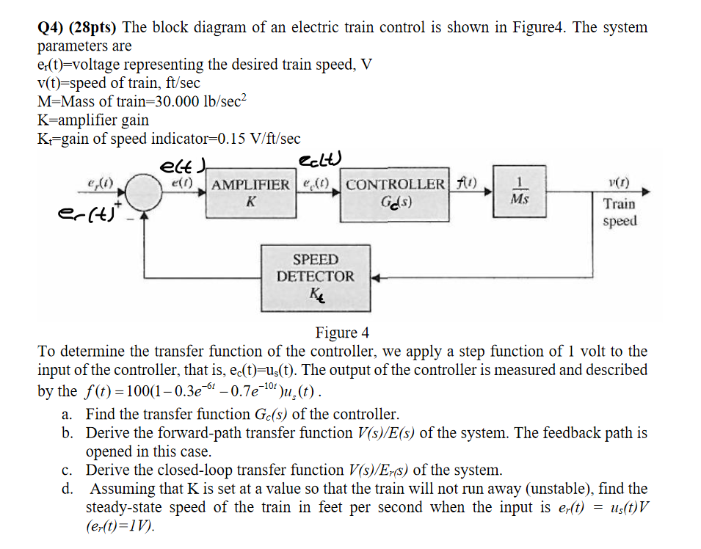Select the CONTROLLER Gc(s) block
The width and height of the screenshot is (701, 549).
394,193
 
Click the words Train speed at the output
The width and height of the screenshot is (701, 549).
620,212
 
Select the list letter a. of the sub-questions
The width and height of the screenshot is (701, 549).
68,414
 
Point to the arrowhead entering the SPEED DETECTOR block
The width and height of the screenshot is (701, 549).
374,278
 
